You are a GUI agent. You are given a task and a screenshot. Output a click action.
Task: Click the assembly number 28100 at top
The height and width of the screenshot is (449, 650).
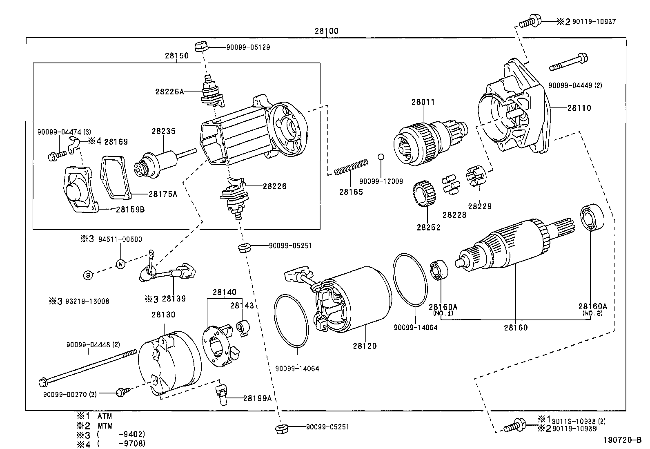(326, 31)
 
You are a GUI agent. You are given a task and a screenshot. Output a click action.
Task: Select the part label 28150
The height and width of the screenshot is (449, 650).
(177, 56)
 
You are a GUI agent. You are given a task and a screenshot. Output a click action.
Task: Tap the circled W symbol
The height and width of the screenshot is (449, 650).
(121, 264)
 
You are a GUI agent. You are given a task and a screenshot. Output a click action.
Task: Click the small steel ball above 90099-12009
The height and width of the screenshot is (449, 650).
(381, 156)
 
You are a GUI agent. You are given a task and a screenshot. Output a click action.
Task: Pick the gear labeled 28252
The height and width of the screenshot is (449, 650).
(423, 194)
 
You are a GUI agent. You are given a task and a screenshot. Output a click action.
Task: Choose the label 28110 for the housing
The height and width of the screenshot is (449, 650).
(579, 108)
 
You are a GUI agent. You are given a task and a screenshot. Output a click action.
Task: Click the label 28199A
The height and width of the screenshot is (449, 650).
(257, 398)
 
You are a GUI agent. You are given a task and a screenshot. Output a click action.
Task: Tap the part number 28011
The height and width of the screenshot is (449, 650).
(423, 102)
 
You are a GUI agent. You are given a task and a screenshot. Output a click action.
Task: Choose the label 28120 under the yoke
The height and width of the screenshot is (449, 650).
(365, 346)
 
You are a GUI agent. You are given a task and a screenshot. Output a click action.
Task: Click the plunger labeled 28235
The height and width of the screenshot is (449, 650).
(159, 163)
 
